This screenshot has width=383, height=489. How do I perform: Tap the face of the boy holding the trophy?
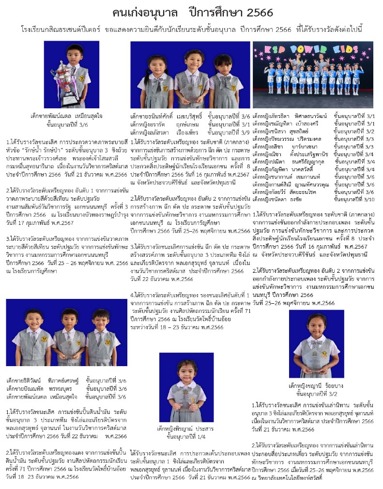[75, 54]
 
